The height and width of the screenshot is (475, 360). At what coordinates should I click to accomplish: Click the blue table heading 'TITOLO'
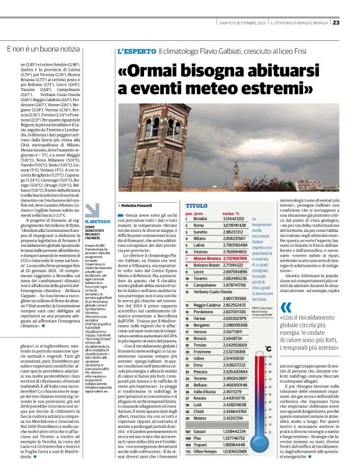click(196, 204)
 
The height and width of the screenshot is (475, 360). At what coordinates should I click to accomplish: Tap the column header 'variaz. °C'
click(233, 212)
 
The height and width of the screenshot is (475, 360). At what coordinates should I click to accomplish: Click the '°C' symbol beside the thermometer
click(268, 348)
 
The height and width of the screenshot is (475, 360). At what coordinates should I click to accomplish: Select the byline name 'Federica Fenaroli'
click(139, 204)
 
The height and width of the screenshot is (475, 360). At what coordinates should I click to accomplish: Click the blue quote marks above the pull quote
click(285, 308)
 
